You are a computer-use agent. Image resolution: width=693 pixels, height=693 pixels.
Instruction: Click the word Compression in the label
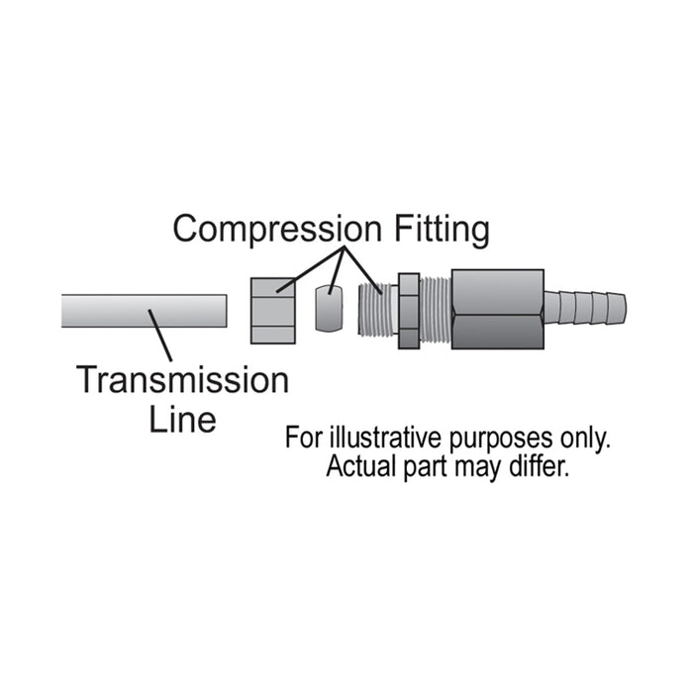(x=274, y=230)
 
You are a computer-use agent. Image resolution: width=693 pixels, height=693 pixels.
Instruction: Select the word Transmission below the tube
(x=183, y=380)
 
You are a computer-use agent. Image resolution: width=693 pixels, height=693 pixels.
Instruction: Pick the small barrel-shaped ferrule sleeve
(x=329, y=309)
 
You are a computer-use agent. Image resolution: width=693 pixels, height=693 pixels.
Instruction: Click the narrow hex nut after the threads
(x=408, y=310)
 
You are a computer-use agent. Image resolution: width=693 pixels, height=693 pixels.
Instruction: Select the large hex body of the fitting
(x=497, y=309)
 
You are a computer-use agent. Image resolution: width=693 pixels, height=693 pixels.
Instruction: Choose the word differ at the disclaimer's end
(x=544, y=467)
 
